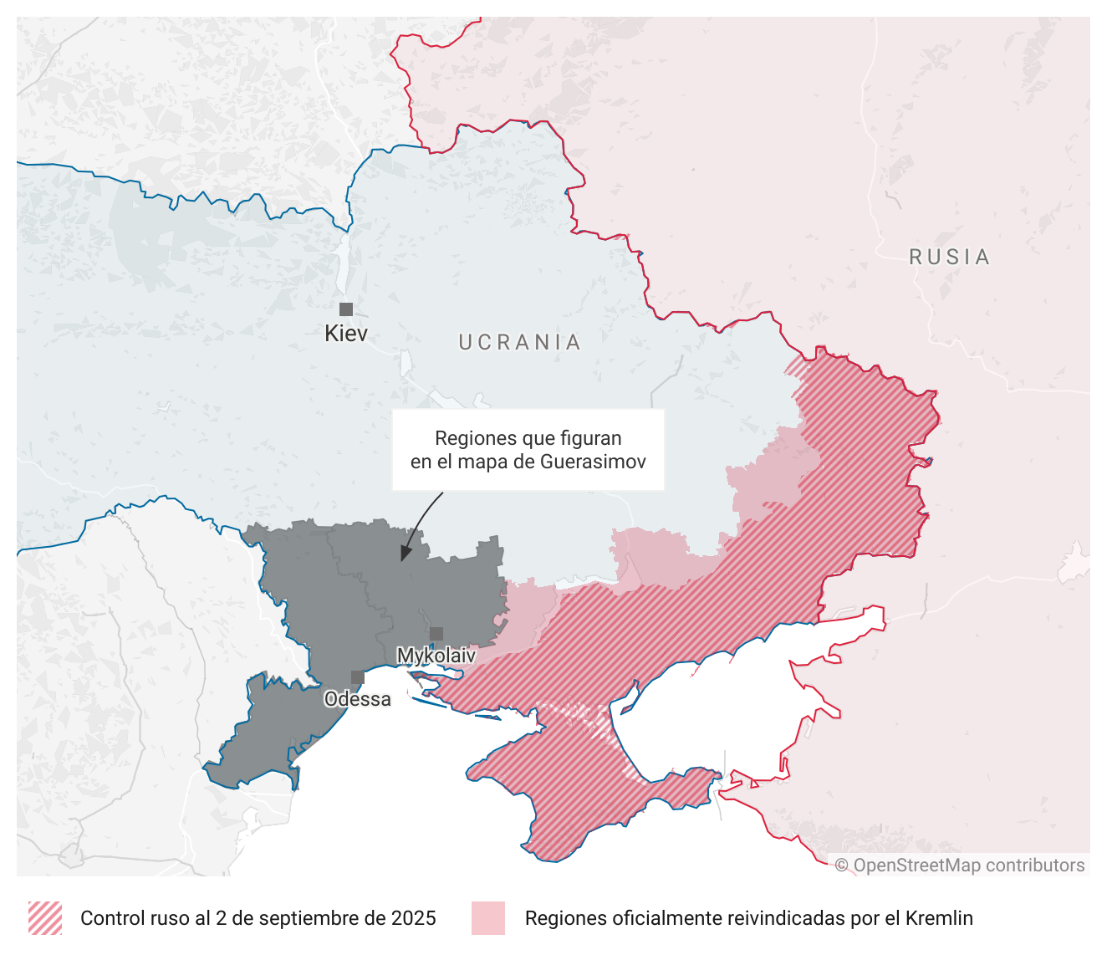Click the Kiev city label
(x=346, y=334)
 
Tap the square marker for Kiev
(x=346, y=309)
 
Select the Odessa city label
(x=358, y=699)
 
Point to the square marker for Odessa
(x=358, y=677)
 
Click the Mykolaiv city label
(x=436, y=656)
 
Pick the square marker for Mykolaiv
(x=436, y=634)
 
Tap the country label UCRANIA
(x=520, y=343)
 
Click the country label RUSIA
(x=950, y=258)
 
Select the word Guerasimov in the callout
(x=593, y=462)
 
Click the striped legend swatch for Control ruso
(x=45, y=918)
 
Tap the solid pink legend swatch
(x=488, y=918)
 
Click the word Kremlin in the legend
(x=942, y=918)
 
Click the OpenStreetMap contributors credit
(x=960, y=866)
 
